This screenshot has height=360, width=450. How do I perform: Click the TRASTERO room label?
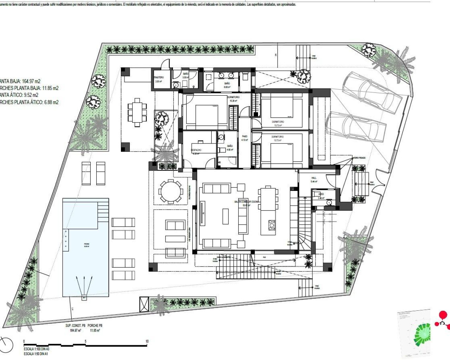pos(159,77)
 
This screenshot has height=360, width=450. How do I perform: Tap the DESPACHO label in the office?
pos(196,150)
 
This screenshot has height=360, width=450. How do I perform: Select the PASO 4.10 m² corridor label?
pos(245,136)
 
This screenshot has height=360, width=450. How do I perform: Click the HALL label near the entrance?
pos(314,178)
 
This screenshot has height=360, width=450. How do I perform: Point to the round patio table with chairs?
pos(171,192)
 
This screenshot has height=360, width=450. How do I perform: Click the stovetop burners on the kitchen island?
pos(272,225)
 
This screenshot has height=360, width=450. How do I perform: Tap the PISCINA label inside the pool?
pos(86,243)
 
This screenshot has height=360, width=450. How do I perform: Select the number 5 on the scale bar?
pos(85,341)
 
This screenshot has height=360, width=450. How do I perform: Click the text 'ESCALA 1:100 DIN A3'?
pos(36,349)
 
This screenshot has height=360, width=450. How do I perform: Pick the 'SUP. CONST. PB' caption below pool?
pos(75,326)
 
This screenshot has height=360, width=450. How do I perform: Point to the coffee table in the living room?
pos(225,216)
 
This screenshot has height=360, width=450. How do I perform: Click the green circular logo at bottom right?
pos(422,334)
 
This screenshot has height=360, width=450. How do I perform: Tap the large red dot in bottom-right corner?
pos(443,315)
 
